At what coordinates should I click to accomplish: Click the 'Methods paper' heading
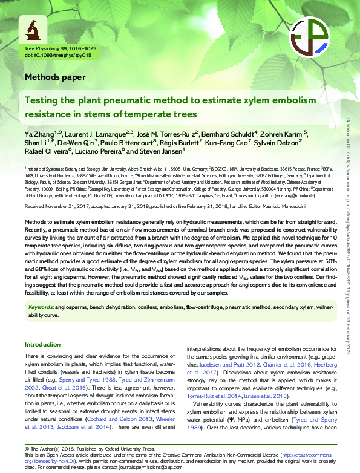(x=55, y=77)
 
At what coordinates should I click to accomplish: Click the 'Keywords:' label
(x=41, y=307)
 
